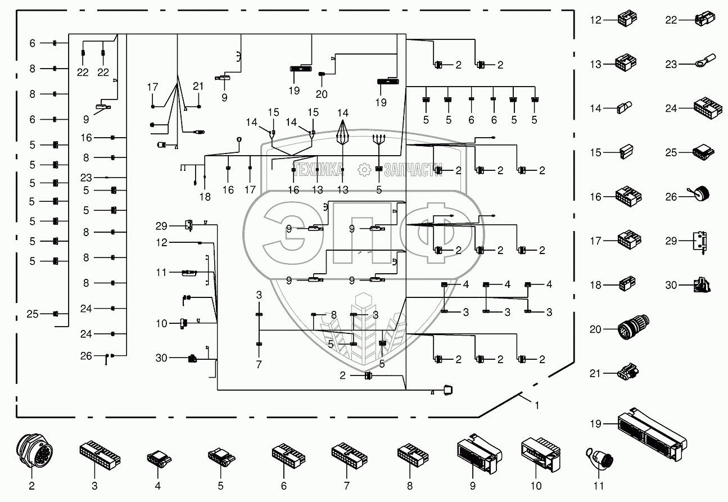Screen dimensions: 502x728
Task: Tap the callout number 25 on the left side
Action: click(33, 314)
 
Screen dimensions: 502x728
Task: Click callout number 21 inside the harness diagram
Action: click(198, 86)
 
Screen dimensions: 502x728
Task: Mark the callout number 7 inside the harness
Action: click(259, 365)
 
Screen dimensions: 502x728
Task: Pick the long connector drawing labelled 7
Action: click(347, 455)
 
